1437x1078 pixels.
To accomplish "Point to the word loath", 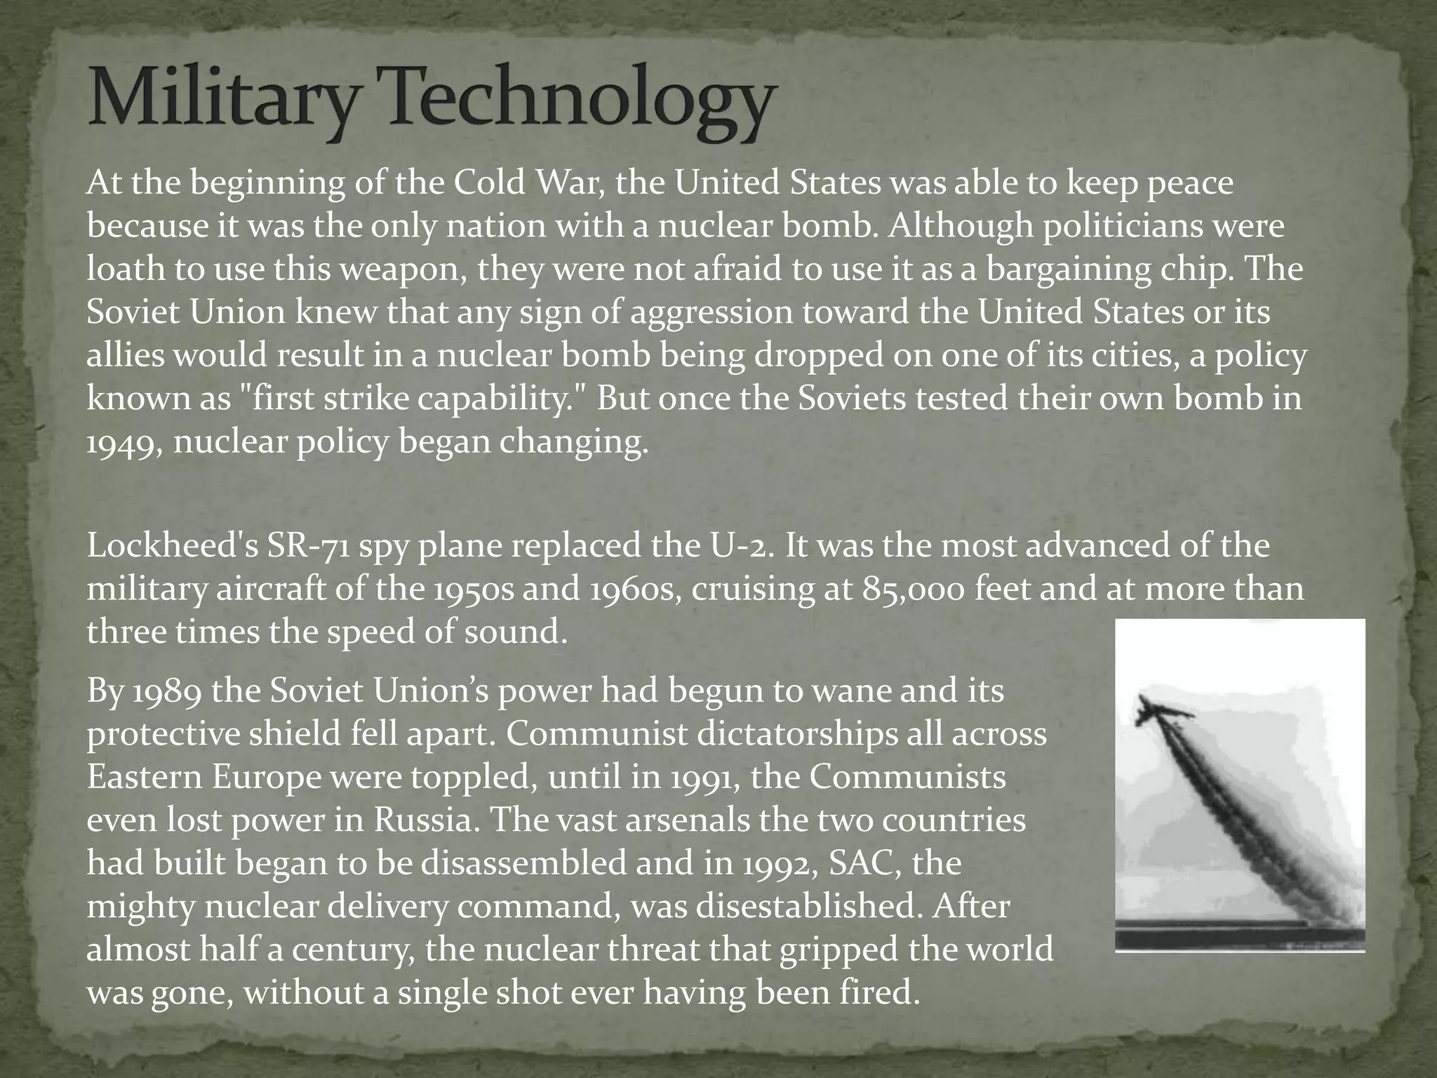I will point(123,269).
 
